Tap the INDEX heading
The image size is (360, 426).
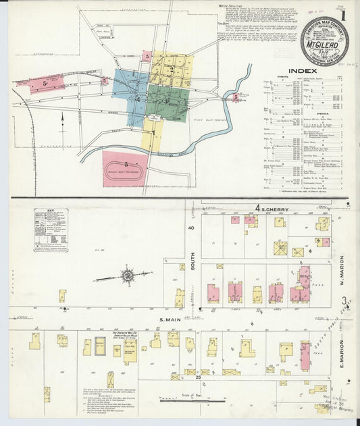pos(303,70)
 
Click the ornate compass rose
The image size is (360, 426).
pos(127,275)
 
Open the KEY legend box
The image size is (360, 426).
pos(51,230)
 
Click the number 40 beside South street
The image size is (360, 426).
pos(191,228)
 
